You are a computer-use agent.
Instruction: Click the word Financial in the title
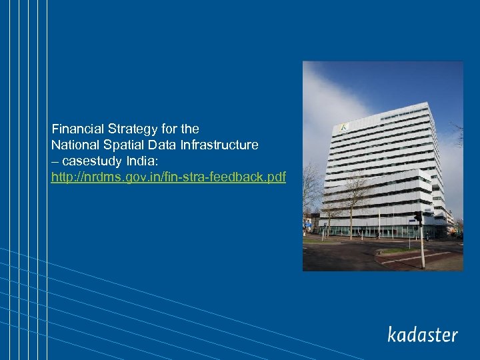[76, 128]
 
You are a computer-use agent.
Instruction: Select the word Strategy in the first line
[129, 128]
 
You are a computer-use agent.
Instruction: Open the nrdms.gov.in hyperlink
[169, 178]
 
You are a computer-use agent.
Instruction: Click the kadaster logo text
[423, 335]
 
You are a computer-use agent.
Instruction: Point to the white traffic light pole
[422, 247]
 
